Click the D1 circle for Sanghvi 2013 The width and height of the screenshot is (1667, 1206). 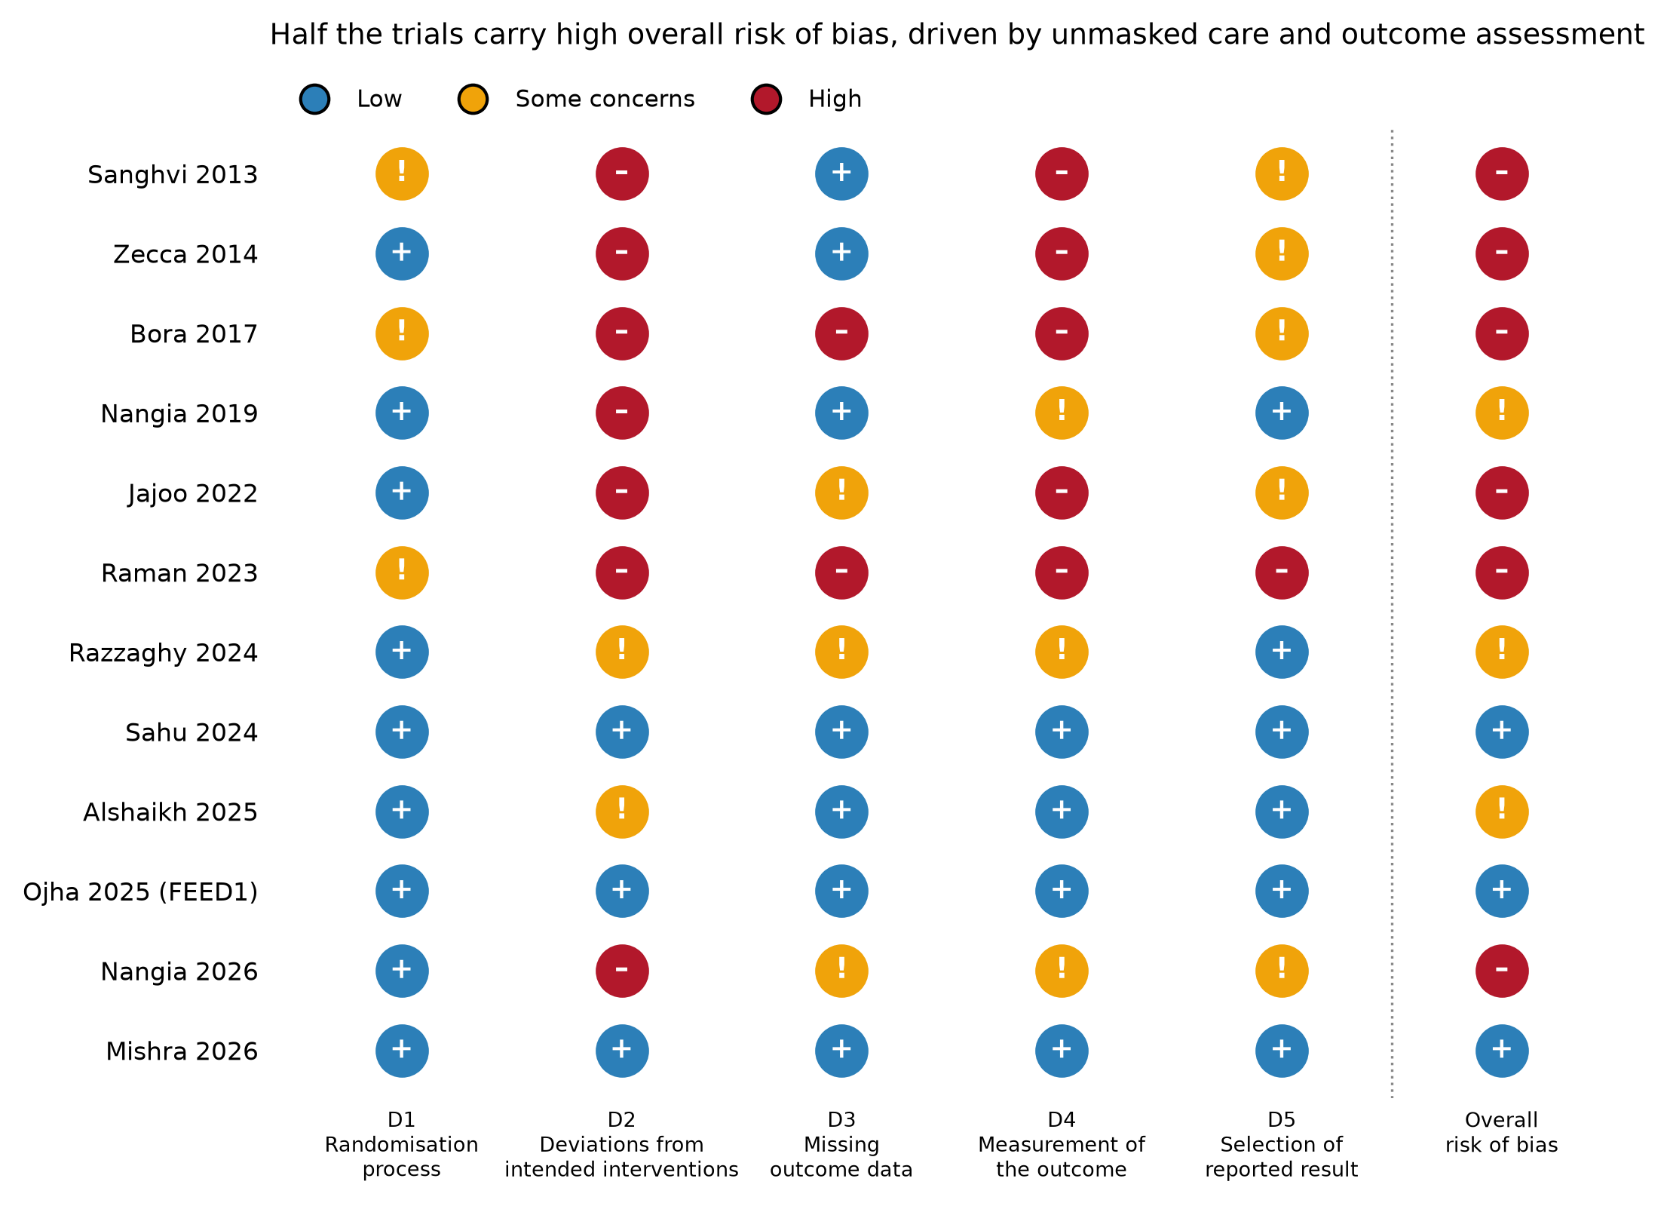402,174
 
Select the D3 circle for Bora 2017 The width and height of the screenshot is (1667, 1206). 841,333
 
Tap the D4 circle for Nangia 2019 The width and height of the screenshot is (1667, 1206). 1062,413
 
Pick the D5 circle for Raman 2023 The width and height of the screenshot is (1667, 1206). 1282,572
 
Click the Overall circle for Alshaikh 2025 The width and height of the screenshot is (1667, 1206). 1502,812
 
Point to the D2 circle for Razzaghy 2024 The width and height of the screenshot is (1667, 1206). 622,652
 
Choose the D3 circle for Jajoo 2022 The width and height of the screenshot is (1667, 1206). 841,493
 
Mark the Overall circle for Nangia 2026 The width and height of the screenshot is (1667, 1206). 1502,971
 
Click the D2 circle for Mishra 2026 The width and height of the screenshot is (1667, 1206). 622,1051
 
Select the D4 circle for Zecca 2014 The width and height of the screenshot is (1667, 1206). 1062,254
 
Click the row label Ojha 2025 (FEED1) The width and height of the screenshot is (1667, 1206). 140,892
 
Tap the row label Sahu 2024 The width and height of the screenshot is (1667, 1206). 192,732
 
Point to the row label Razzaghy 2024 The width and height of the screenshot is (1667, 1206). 164,653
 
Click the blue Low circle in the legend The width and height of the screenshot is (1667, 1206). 314,99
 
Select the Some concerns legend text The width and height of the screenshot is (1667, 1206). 605,99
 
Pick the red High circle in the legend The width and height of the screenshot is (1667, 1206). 766,99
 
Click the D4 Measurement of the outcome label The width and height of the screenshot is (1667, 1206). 1062,1144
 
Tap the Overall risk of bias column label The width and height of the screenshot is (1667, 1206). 1502,1132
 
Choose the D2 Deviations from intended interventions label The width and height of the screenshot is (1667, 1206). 622,1144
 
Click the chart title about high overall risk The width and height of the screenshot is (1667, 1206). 957,35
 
